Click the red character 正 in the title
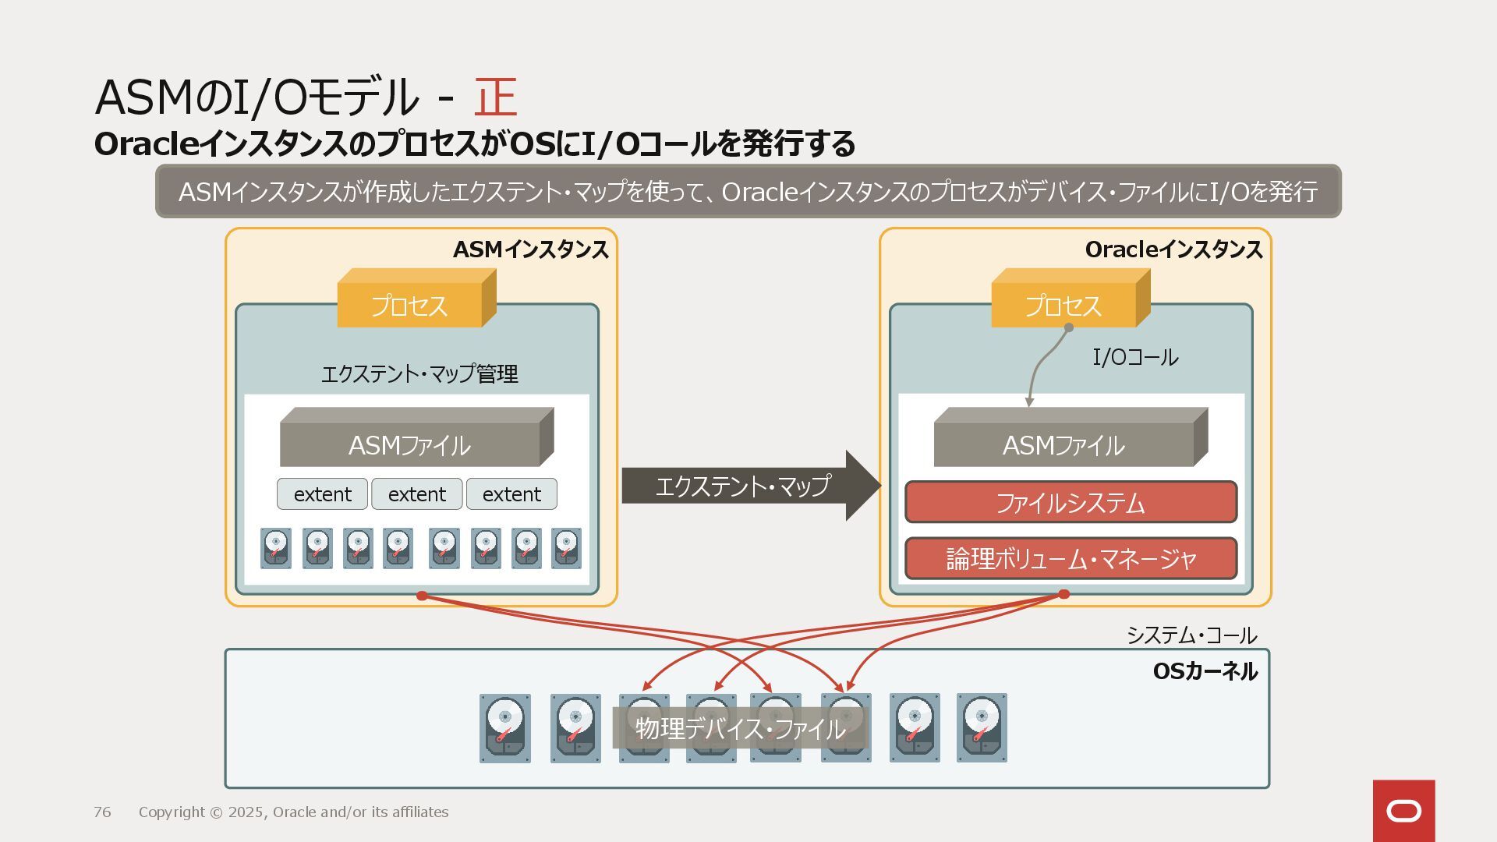click(x=495, y=97)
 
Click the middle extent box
click(x=417, y=494)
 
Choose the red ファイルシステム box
click(x=1071, y=502)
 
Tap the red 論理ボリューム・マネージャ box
click(x=1071, y=558)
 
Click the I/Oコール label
click(x=1135, y=358)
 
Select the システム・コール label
click(x=1191, y=635)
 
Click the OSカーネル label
click(x=1205, y=671)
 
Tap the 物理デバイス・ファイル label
click(x=740, y=728)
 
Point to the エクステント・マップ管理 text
click(x=419, y=374)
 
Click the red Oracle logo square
click(x=1403, y=811)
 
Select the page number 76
click(x=102, y=812)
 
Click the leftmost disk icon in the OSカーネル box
click(x=505, y=728)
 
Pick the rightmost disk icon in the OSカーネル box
click(x=982, y=728)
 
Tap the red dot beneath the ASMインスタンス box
click(x=422, y=596)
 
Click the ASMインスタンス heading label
click(x=530, y=249)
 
